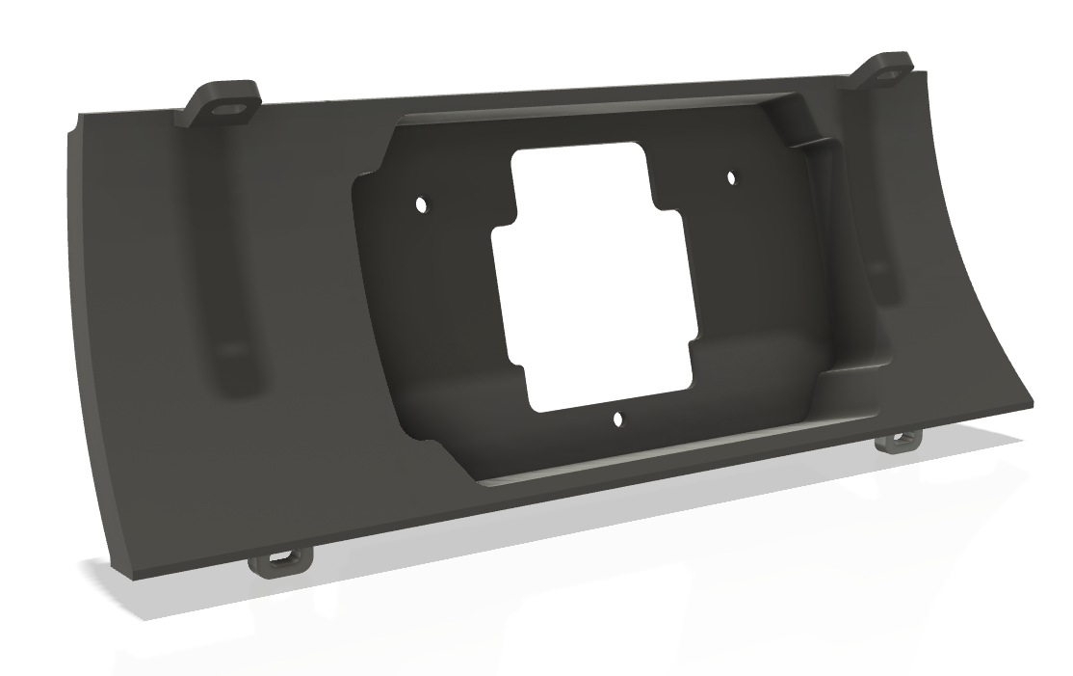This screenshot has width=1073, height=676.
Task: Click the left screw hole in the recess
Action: click(x=421, y=204)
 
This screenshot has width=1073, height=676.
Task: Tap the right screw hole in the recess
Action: click(x=730, y=177)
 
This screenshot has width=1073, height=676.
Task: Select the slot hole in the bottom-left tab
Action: click(x=281, y=559)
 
